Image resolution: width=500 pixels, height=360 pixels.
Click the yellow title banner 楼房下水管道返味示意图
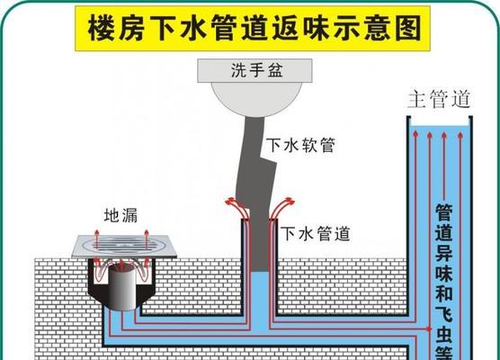tap(253, 29)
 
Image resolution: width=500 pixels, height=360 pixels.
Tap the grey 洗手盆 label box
tap(254, 70)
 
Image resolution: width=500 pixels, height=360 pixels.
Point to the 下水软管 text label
tap(300, 145)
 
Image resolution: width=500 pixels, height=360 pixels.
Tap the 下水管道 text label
tap(316, 234)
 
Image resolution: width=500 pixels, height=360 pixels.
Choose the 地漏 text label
tap(121, 215)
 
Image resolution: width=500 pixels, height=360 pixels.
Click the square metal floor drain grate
tap(124, 247)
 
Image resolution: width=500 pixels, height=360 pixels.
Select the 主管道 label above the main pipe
tap(440, 99)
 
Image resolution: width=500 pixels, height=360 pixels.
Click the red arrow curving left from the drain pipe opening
tap(237, 207)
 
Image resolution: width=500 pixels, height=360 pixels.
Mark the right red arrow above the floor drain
tap(147, 238)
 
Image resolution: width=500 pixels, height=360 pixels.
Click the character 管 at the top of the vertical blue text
tap(444, 213)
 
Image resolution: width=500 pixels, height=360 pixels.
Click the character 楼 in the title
tap(101, 29)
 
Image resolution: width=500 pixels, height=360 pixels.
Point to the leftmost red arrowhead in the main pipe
tap(415, 133)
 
